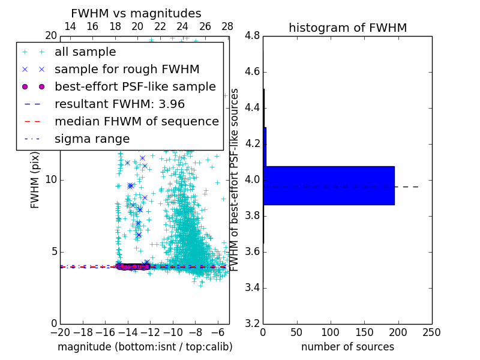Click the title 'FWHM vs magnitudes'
pos(136,14)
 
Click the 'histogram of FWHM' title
pos(347,28)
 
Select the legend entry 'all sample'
pos(85,52)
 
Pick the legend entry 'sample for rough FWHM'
pos(127,69)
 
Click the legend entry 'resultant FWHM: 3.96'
pos(119,104)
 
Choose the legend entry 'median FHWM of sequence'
pos(136,121)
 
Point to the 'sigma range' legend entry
pos(92,139)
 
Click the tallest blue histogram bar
pos(329,185)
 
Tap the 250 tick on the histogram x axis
pos(431,332)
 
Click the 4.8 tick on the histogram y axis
pos(252,36)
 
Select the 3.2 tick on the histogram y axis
pos(252,323)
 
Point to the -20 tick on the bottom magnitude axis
pos(60,332)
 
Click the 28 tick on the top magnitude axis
pos(227,27)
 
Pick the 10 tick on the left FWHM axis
pos(51,180)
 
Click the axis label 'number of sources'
pos(347,347)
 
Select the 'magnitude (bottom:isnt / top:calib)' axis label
pos(145,347)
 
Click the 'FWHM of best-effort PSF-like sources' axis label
pos(235,180)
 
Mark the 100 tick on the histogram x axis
pos(331,332)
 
